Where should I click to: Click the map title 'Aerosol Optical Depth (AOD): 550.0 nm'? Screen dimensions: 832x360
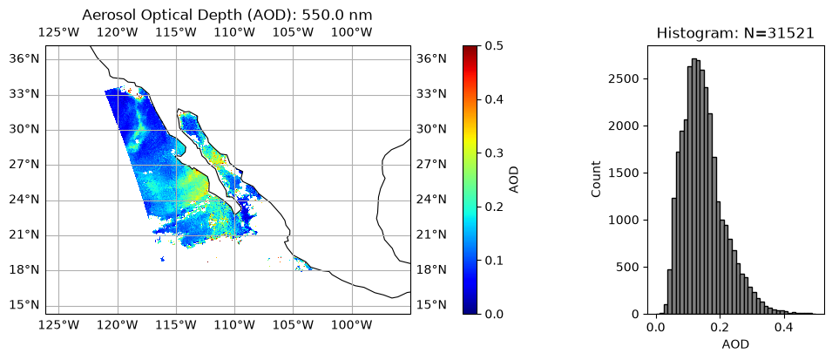227,15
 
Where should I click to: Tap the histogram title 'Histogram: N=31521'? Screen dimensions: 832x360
735,33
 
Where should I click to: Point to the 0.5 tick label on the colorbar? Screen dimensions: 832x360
495,46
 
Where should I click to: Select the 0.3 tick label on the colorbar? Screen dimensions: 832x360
495,153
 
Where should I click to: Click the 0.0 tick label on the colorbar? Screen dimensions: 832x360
495,315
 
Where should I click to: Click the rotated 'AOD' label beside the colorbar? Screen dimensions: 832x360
514,180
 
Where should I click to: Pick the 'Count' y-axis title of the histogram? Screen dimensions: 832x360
596,179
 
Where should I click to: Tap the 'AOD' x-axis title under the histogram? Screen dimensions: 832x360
735,344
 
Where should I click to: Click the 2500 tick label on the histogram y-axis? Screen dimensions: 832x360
628,79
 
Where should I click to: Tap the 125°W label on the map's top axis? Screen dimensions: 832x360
59,32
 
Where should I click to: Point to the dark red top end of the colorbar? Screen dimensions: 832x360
470,48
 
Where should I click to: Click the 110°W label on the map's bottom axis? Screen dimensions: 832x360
235,325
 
